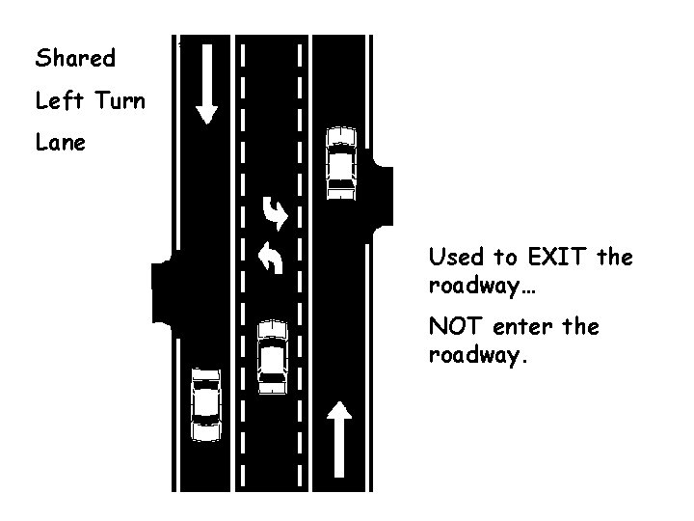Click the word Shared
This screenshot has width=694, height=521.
(x=75, y=58)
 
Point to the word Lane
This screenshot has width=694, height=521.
(x=60, y=142)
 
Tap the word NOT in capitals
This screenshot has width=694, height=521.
(x=453, y=328)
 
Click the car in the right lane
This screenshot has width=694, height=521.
(x=341, y=161)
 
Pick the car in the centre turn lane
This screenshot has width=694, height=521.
(x=273, y=356)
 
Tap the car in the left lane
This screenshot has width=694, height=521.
(x=205, y=403)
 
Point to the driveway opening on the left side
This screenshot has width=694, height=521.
(x=161, y=290)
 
